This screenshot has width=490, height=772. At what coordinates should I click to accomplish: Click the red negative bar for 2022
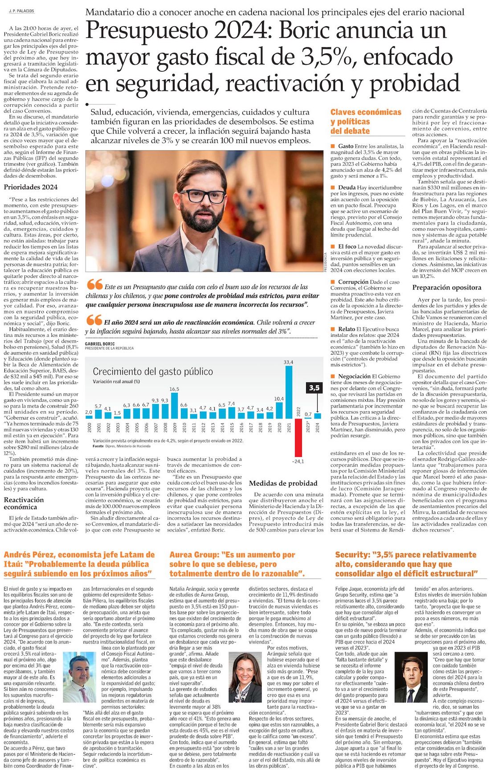click(x=298, y=437)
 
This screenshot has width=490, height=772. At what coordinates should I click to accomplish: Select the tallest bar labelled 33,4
click(x=289, y=392)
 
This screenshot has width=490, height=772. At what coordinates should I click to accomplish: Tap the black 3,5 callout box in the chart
click(x=314, y=388)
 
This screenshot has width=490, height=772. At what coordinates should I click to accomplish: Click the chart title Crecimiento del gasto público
click(x=153, y=372)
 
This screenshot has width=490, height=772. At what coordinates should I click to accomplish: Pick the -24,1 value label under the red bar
click(x=298, y=461)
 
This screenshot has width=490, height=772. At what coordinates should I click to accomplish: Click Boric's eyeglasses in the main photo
click(x=202, y=196)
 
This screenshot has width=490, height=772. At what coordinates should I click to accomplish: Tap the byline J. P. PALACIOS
click(x=21, y=11)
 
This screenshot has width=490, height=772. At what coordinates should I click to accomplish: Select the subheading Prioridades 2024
click(x=31, y=187)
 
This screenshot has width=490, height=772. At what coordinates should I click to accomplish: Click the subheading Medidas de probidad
click(x=283, y=483)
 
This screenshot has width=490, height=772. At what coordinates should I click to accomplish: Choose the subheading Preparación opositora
click(x=446, y=288)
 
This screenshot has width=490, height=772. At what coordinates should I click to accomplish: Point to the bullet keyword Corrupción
click(x=353, y=282)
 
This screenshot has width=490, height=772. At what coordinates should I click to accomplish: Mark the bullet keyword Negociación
click(x=354, y=376)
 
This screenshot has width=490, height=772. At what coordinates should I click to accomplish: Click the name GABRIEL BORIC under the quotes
click(x=100, y=344)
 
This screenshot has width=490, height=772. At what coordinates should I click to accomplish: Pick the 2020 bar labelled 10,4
click(x=279, y=410)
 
